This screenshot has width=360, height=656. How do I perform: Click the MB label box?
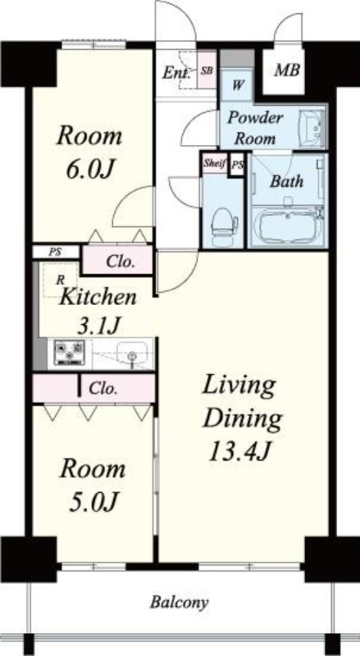coord(285,70)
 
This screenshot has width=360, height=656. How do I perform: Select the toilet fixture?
coord(221,222)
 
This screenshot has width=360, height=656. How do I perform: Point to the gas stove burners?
coord(69,353)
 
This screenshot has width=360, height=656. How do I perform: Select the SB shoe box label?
coord(207,71)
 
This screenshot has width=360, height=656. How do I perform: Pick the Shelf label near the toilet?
coord(214,162)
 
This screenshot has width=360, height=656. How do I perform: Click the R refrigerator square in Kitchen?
coord(61,280)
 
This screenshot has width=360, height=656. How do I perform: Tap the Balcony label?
coord(178,603)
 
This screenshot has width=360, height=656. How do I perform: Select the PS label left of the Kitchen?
coord(56,252)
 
